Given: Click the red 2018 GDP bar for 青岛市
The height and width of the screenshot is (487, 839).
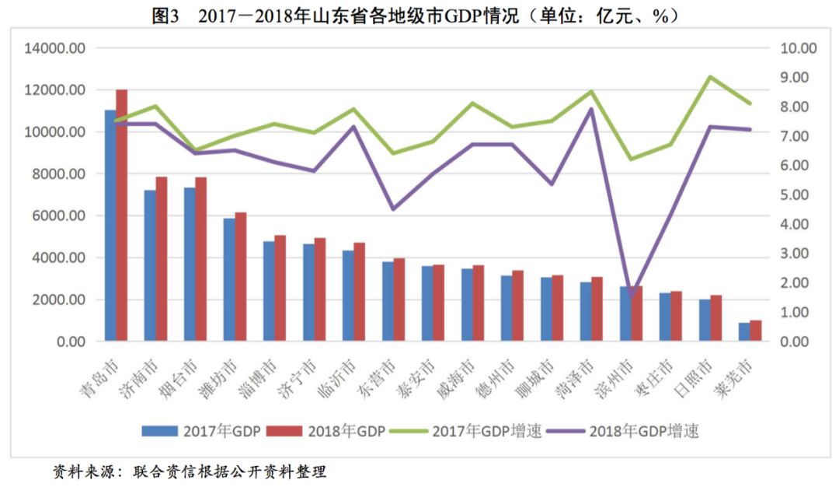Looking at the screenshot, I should point(122,215).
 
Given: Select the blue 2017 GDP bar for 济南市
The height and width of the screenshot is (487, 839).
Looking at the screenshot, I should point(150,265).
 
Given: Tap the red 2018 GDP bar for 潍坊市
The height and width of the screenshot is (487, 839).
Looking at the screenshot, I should point(241,276).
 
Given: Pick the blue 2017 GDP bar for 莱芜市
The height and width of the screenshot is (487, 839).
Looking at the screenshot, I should point(744,332).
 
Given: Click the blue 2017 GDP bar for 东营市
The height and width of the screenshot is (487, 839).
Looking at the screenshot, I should point(388,301).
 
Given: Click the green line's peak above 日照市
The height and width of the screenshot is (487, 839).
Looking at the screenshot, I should point(710,77).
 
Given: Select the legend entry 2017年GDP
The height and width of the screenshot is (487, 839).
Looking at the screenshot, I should point(201,431).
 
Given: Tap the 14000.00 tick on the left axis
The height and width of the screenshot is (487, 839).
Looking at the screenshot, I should point(55,48).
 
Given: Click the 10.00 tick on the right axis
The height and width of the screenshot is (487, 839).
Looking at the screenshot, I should point(798,48).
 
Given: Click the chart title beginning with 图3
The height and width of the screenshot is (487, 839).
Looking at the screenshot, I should point(419,15).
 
